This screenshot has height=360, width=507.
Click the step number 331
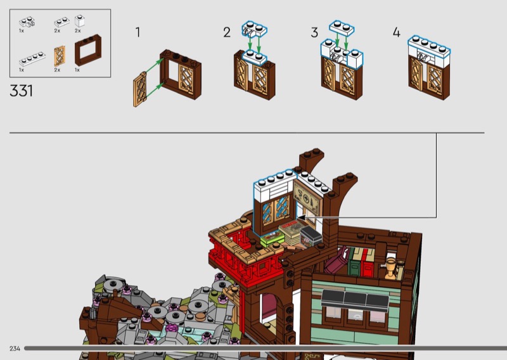[x=22, y=90]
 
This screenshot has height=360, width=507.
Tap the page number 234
[x=15, y=349]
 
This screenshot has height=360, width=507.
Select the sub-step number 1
[x=138, y=32]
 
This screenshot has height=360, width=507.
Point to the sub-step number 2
[x=227, y=32]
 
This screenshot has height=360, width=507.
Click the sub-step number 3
[x=314, y=32]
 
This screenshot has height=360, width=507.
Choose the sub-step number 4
[x=397, y=32]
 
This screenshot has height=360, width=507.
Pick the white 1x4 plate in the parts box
[x=32, y=60]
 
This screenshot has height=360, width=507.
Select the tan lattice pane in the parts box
[x=60, y=56]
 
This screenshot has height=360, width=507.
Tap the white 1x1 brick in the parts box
[x=79, y=21]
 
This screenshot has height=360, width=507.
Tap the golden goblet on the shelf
[x=391, y=267]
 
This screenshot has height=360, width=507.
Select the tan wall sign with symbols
[x=313, y=197]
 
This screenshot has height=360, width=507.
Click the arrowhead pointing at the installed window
[x=302, y=217]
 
